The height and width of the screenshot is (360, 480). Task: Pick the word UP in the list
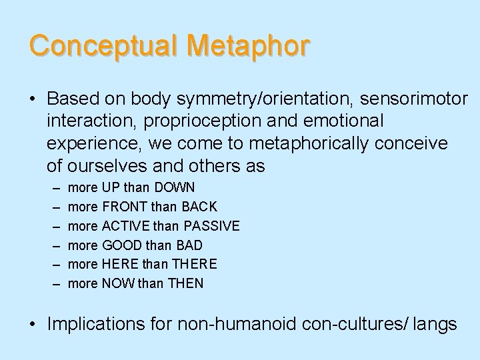point(111,188)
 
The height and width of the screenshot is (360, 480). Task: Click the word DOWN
point(173,188)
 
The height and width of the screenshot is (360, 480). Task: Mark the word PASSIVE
point(211,226)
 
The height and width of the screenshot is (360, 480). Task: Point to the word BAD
point(188,245)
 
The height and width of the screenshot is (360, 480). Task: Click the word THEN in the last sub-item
point(187,283)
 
